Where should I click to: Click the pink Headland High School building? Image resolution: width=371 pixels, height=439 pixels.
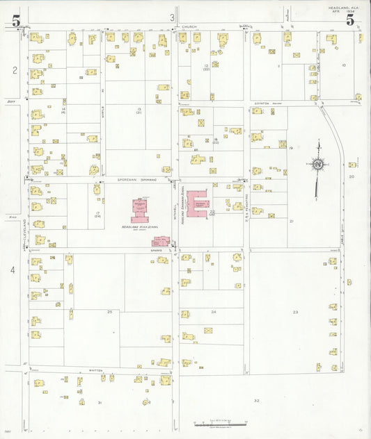click(142, 207)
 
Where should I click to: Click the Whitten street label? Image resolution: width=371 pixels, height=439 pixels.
click(96, 370)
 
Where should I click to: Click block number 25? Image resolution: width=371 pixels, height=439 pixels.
click(109, 312)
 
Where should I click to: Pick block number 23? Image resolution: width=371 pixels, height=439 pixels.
click(295, 312)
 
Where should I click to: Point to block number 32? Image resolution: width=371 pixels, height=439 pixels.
click(256, 401)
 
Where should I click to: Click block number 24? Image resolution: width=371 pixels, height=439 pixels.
click(214, 312)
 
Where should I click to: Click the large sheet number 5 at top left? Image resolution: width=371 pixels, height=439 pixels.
click(15, 21)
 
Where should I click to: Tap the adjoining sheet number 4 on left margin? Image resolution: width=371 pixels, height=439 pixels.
click(13, 269)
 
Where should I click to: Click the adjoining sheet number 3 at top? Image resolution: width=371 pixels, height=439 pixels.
click(171, 17)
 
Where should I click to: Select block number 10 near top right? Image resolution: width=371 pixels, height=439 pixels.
click(343, 65)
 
